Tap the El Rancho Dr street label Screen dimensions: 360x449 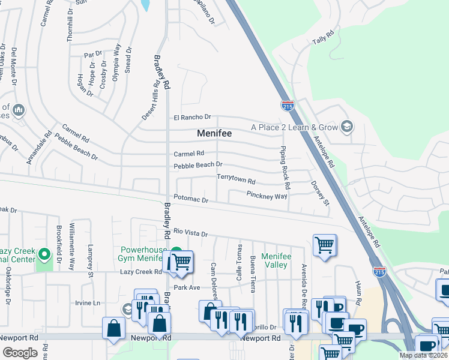pyautogui.click(x=193, y=117)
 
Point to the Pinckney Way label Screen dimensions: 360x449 pyautogui.click(x=267, y=195)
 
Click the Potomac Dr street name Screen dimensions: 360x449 pyautogui.click(x=190, y=199)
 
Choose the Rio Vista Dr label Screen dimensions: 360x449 pyautogui.click(x=190, y=232)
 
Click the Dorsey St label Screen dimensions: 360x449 pyautogui.click(x=320, y=194)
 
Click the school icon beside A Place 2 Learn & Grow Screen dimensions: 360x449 pyautogui.click(x=346, y=126)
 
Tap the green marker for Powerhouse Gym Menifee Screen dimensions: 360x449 pyautogui.click(x=176, y=253)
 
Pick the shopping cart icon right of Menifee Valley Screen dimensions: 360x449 pyautogui.click(x=324, y=245)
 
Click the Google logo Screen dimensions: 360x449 pyautogui.click(x=20, y=352)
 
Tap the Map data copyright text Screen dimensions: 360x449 pyautogui.click(x=423, y=355)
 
